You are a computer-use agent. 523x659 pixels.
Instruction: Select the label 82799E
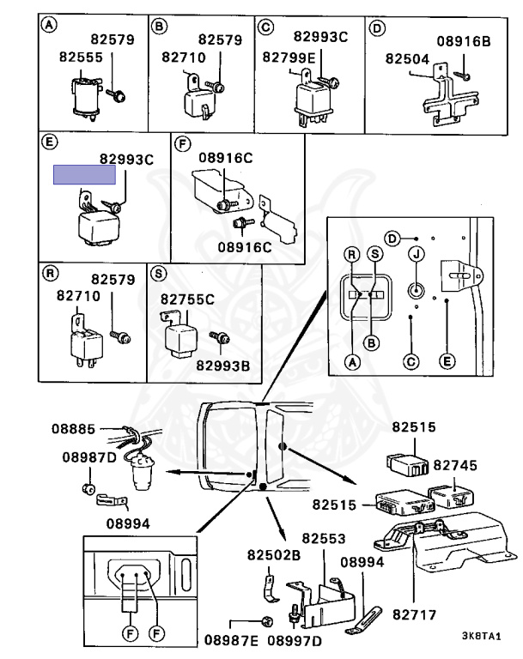click(289, 57)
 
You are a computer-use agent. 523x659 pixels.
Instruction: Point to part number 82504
click(406, 59)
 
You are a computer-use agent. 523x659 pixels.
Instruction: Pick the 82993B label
click(222, 366)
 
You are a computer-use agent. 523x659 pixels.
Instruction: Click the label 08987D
click(88, 457)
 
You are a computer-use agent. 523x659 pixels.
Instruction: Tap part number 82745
click(454, 464)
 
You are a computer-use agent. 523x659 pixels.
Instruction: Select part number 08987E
click(231, 640)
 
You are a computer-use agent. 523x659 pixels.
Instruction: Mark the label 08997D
click(295, 640)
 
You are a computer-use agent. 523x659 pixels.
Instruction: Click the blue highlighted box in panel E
click(84, 175)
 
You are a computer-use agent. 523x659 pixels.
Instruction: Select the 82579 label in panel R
click(114, 280)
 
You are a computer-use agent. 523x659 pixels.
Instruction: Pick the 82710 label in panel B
click(184, 57)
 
